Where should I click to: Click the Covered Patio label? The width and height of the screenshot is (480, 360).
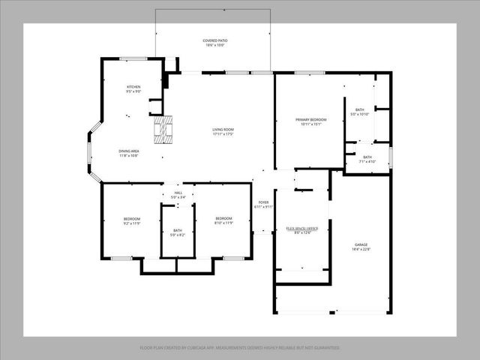(214, 40)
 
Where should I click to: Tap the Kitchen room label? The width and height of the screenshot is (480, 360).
(133, 87)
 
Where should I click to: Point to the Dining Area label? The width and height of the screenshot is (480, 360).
(128, 151)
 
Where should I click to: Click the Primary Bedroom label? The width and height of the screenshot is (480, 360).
(310, 119)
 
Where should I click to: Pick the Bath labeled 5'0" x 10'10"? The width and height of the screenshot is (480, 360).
(360, 109)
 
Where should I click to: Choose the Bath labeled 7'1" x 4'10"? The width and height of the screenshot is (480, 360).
(367, 157)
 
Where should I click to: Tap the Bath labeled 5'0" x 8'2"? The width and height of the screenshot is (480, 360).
(178, 230)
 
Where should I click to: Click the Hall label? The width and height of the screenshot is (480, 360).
(178, 193)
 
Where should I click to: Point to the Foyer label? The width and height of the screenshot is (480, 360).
(263, 202)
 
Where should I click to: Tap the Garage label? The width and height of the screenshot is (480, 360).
(361, 244)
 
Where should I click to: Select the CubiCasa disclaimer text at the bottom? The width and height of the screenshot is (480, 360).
(240, 347)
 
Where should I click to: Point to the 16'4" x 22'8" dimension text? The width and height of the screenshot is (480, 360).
(361, 250)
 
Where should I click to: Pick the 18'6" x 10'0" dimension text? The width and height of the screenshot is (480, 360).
(214, 45)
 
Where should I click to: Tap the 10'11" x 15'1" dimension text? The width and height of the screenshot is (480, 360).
(310, 124)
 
